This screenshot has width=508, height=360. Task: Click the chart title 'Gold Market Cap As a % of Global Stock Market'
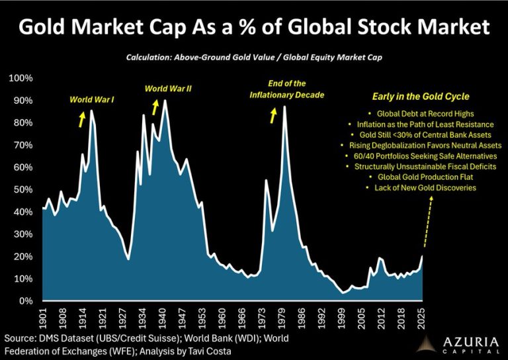254,28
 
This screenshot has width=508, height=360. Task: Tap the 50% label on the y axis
22,189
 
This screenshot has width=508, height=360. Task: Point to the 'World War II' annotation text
168,88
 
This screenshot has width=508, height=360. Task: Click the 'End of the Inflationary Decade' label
286,89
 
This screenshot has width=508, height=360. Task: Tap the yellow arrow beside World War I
82,118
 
